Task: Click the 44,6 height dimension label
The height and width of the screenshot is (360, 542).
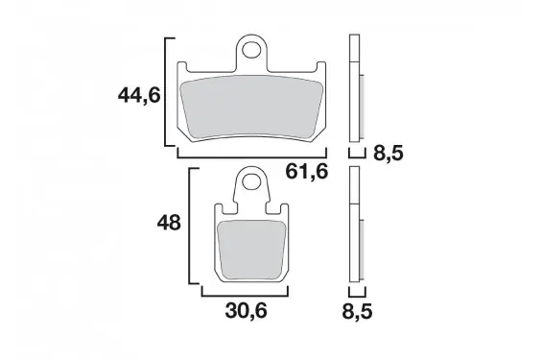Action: point(139,95)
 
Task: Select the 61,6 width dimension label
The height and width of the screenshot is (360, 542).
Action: point(307,172)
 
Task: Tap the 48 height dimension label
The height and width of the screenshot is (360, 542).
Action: point(169,223)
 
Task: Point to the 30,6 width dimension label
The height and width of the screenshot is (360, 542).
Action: point(247,311)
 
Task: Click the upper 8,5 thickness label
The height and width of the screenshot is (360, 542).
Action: point(389,153)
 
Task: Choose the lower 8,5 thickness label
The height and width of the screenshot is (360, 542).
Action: point(357,312)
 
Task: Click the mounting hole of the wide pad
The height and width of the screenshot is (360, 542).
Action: point(251,51)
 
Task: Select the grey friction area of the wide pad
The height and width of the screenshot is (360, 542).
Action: point(251,107)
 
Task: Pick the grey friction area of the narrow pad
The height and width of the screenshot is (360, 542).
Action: point(251,251)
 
